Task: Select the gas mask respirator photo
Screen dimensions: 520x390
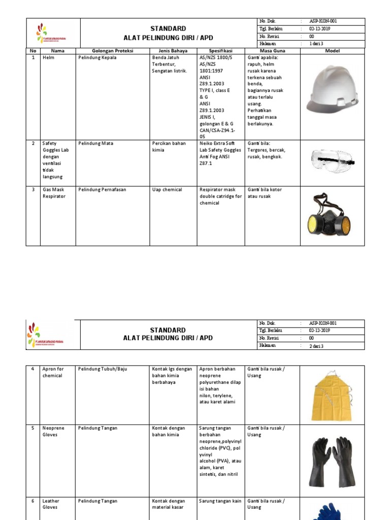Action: point(329,216)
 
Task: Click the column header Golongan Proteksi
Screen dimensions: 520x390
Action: point(112,51)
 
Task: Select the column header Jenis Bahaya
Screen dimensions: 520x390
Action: point(173,51)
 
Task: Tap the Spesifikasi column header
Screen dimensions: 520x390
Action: point(220,51)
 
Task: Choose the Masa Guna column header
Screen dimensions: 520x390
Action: point(272,51)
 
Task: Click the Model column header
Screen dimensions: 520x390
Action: point(332,51)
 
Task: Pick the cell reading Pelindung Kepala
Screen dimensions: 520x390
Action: point(97,58)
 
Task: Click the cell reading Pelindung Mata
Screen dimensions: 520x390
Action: point(95,144)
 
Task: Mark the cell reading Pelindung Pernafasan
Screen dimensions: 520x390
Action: point(102,190)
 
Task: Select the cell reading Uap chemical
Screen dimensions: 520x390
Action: point(167,190)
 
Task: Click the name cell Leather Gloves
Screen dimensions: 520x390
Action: point(50,504)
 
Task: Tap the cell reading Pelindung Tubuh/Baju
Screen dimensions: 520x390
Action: point(103,369)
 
